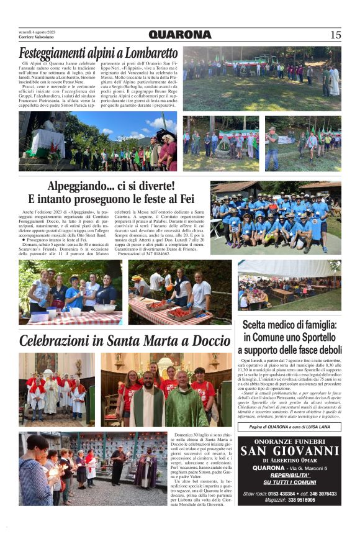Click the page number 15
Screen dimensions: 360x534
(335, 35)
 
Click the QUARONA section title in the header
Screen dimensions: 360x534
(180, 35)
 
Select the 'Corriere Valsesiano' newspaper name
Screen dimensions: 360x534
(36, 37)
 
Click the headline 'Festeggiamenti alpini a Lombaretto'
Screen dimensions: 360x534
(98, 53)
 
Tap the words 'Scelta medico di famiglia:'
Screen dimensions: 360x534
(289, 325)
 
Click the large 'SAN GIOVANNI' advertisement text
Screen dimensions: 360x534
(289, 451)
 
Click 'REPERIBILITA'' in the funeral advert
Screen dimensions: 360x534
(289, 475)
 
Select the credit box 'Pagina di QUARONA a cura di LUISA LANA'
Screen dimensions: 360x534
(289, 427)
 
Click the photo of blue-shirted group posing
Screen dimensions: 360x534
(276, 217)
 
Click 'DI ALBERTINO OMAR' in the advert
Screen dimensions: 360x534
(289, 459)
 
